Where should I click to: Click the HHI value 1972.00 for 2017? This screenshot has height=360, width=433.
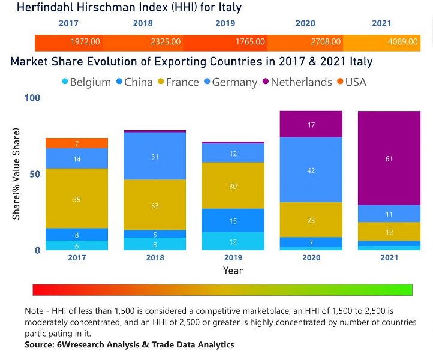85,43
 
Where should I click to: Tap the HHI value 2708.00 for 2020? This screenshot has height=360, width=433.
326,43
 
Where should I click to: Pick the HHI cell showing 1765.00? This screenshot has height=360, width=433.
250,43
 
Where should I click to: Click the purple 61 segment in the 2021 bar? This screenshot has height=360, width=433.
389,158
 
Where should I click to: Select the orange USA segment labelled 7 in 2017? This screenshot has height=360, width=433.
77,143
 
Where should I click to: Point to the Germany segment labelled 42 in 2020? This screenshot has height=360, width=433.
311,170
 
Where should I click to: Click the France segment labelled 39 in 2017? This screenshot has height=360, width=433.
77,199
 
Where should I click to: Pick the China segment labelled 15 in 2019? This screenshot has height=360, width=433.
233,221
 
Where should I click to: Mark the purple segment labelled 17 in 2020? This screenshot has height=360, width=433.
311,125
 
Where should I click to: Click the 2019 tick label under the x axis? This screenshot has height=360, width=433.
233,258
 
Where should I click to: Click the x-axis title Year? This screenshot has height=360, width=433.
233,271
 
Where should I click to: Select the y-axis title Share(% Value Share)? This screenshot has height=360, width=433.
16,174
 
